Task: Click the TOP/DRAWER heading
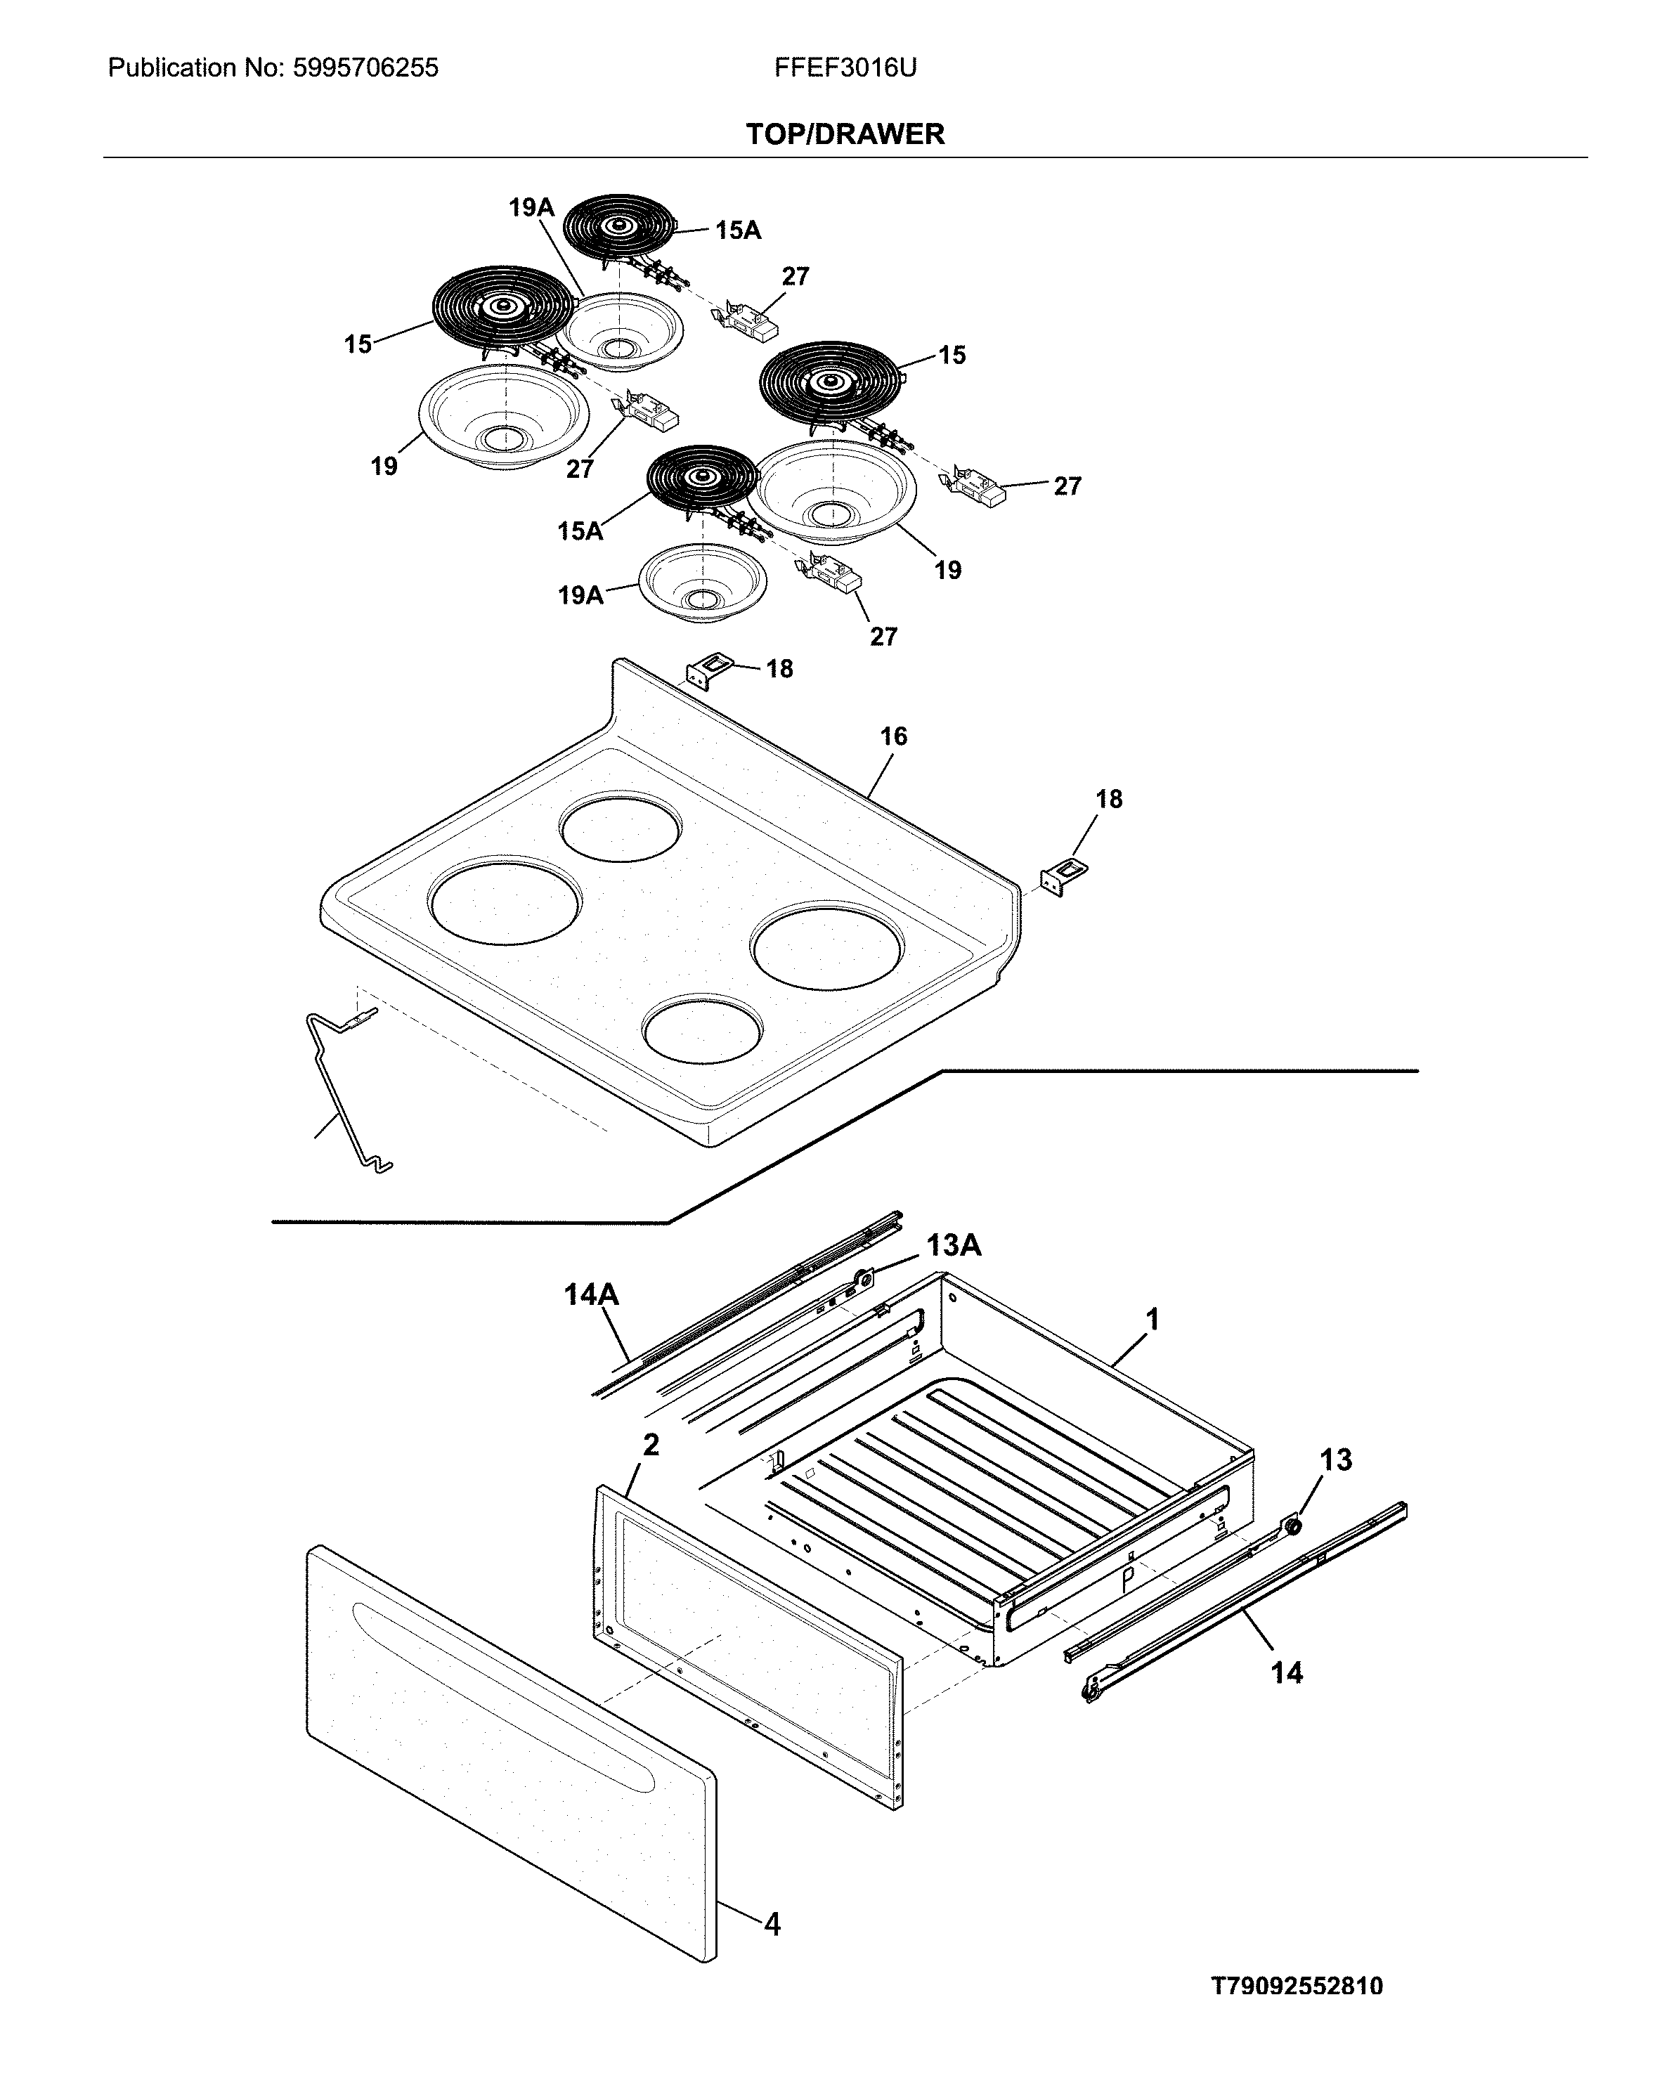coord(844,134)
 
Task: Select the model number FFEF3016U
coord(845,67)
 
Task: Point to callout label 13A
coord(954,1246)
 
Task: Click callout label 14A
coord(592,1295)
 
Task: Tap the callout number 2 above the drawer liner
coord(651,1445)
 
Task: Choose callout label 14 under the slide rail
coord(1287,1672)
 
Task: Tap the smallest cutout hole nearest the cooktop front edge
coord(703,1029)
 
